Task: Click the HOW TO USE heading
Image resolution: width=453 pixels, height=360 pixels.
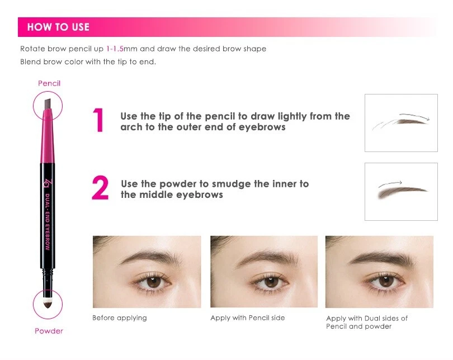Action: point(58,27)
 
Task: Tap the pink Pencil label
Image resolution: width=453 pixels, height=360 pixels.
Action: point(49,83)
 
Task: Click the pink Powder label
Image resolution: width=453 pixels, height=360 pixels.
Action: point(49,331)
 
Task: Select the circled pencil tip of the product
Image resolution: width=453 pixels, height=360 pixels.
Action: point(48,105)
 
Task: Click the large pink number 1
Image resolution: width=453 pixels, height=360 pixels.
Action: point(99,121)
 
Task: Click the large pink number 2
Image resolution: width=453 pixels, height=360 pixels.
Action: point(100,189)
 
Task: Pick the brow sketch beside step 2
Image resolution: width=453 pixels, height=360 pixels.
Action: point(400,190)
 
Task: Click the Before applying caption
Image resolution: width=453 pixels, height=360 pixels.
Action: point(119,318)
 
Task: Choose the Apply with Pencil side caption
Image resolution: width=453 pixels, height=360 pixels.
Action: point(247,318)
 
